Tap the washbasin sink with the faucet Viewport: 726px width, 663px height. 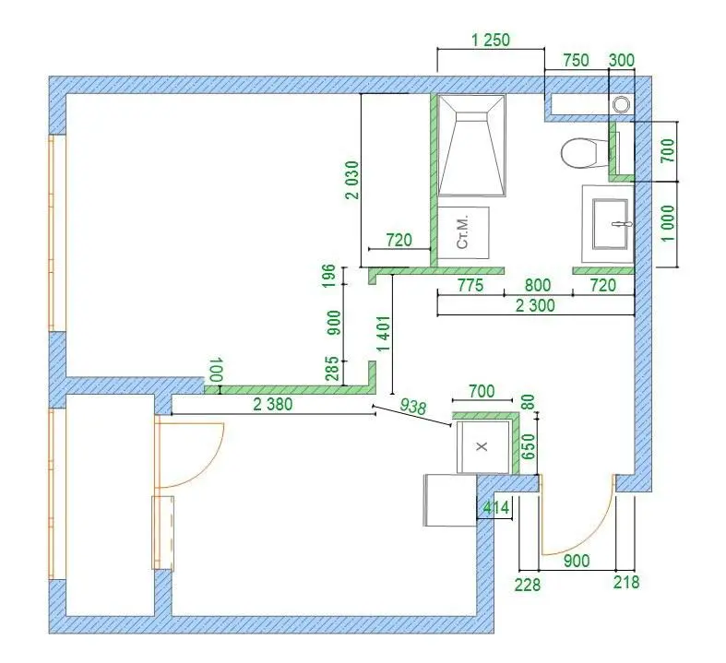tap(611, 224)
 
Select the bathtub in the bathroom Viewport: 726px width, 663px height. tap(471, 146)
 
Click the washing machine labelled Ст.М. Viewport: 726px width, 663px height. tap(463, 232)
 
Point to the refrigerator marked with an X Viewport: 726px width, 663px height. tap(482, 447)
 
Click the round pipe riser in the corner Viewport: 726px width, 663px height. tap(621, 104)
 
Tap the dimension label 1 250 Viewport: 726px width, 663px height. tap(491, 40)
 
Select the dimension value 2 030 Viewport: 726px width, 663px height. tap(352, 180)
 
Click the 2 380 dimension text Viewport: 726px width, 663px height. tap(273, 405)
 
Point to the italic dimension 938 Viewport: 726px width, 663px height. tap(412, 407)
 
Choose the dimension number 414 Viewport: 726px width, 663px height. tap(496, 507)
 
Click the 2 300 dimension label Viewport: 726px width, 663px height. tap(535, 305)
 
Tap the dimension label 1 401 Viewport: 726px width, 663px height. tap(385, 334)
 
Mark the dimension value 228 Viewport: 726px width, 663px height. tap(528, 585)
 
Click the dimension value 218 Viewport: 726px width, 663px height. tap(626, 582)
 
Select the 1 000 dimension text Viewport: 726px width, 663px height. tap(668, 223)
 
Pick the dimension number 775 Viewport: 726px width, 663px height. tap(470, 285)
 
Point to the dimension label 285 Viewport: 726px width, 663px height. tap(332, 368)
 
